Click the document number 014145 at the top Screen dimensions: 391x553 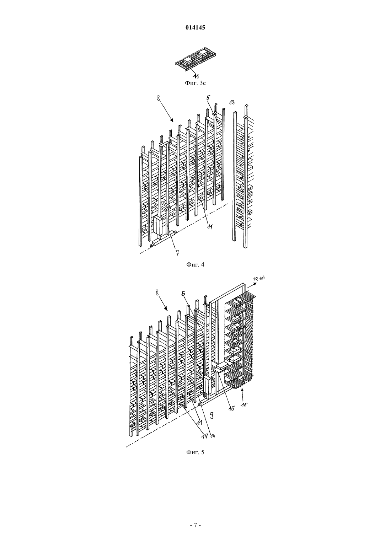pyautogui.click(x=195, y=28)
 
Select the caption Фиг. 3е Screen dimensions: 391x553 pyautogui.click(x=195, y=83)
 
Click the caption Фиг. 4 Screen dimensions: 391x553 pyautogui.click(x=195, y=265)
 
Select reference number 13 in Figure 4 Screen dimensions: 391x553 pyautogui.click(x=231, y=102)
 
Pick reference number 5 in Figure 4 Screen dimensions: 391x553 pyautogui.click(x=208, y=97)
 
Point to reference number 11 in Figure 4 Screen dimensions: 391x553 pyautogui.click(x=210, y=227)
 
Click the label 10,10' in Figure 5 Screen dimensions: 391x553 pyautogui.click(x=259, y=279)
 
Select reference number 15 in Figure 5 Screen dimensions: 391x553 pyautogui.click(x=231, y=408)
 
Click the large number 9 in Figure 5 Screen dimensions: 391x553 pyautogui.click(x=212, y=415)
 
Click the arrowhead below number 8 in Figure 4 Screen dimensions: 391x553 pyautogui.click(x=172, y=120)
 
